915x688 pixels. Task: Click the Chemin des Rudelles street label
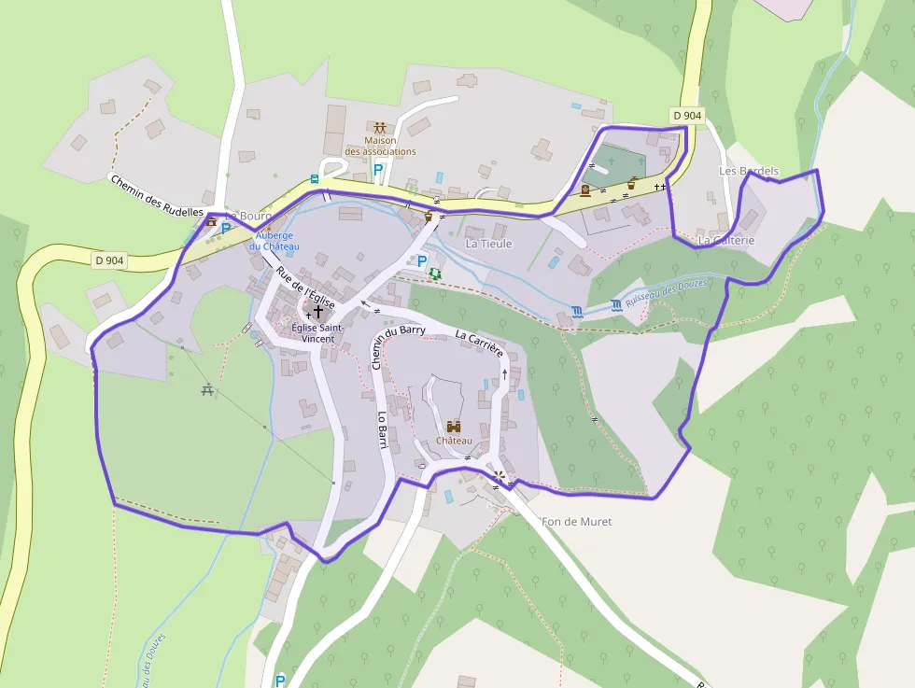(x=157, y=195)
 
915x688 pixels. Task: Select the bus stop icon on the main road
(x=316, y=177)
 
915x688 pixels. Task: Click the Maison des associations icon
(x=380, y=128)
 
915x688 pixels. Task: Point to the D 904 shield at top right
(x=686, y=116)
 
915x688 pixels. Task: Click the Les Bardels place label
(x=749, y=172)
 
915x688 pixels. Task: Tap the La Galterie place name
(x=725, y=240)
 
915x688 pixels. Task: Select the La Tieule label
(x=489, y=244)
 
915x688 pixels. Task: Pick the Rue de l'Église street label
(x=304, y=288)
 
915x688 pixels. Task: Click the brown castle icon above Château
(x=454, y=426)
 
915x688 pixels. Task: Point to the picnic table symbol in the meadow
(x=207, y=389)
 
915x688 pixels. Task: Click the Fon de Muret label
(x=576, y=522)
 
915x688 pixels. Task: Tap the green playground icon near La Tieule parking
(x=435, y=274)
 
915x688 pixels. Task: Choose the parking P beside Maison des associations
(x=378, y=170)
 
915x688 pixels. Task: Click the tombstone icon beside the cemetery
(x=585, y=190)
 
